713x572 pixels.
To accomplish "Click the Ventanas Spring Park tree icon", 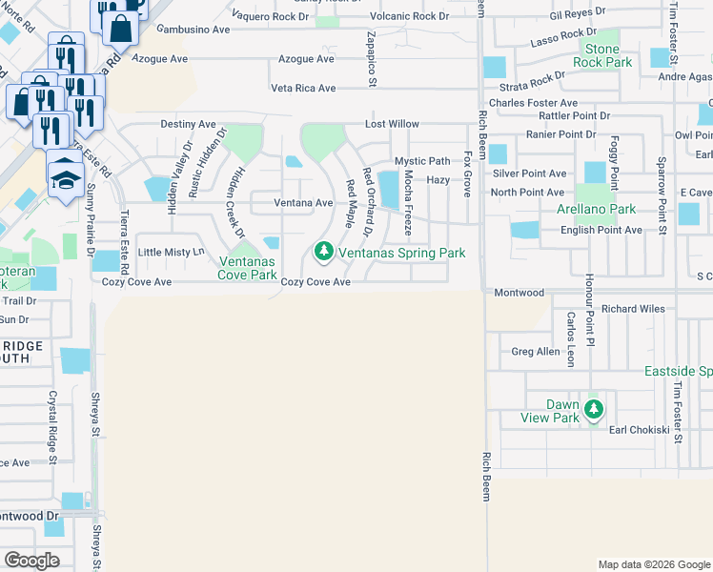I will click(325, 253).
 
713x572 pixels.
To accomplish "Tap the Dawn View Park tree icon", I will click(595, 410).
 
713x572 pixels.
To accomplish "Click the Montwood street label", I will click(519, 293).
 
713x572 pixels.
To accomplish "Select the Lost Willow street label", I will click(394, 124).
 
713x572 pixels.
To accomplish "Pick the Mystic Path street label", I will click(422, 161).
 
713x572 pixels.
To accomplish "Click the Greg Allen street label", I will click(536, 352).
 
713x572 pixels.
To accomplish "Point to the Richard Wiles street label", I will click(632, 309).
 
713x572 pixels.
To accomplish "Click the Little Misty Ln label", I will click(172, 252).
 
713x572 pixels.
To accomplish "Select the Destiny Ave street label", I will click(188, 124).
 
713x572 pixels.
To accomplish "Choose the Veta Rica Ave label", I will click(303, 88).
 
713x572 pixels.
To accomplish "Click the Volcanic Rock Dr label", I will click(410, 16).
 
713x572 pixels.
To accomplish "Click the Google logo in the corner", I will click(32, 561).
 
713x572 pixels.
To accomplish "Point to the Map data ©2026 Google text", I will click(653, 564).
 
